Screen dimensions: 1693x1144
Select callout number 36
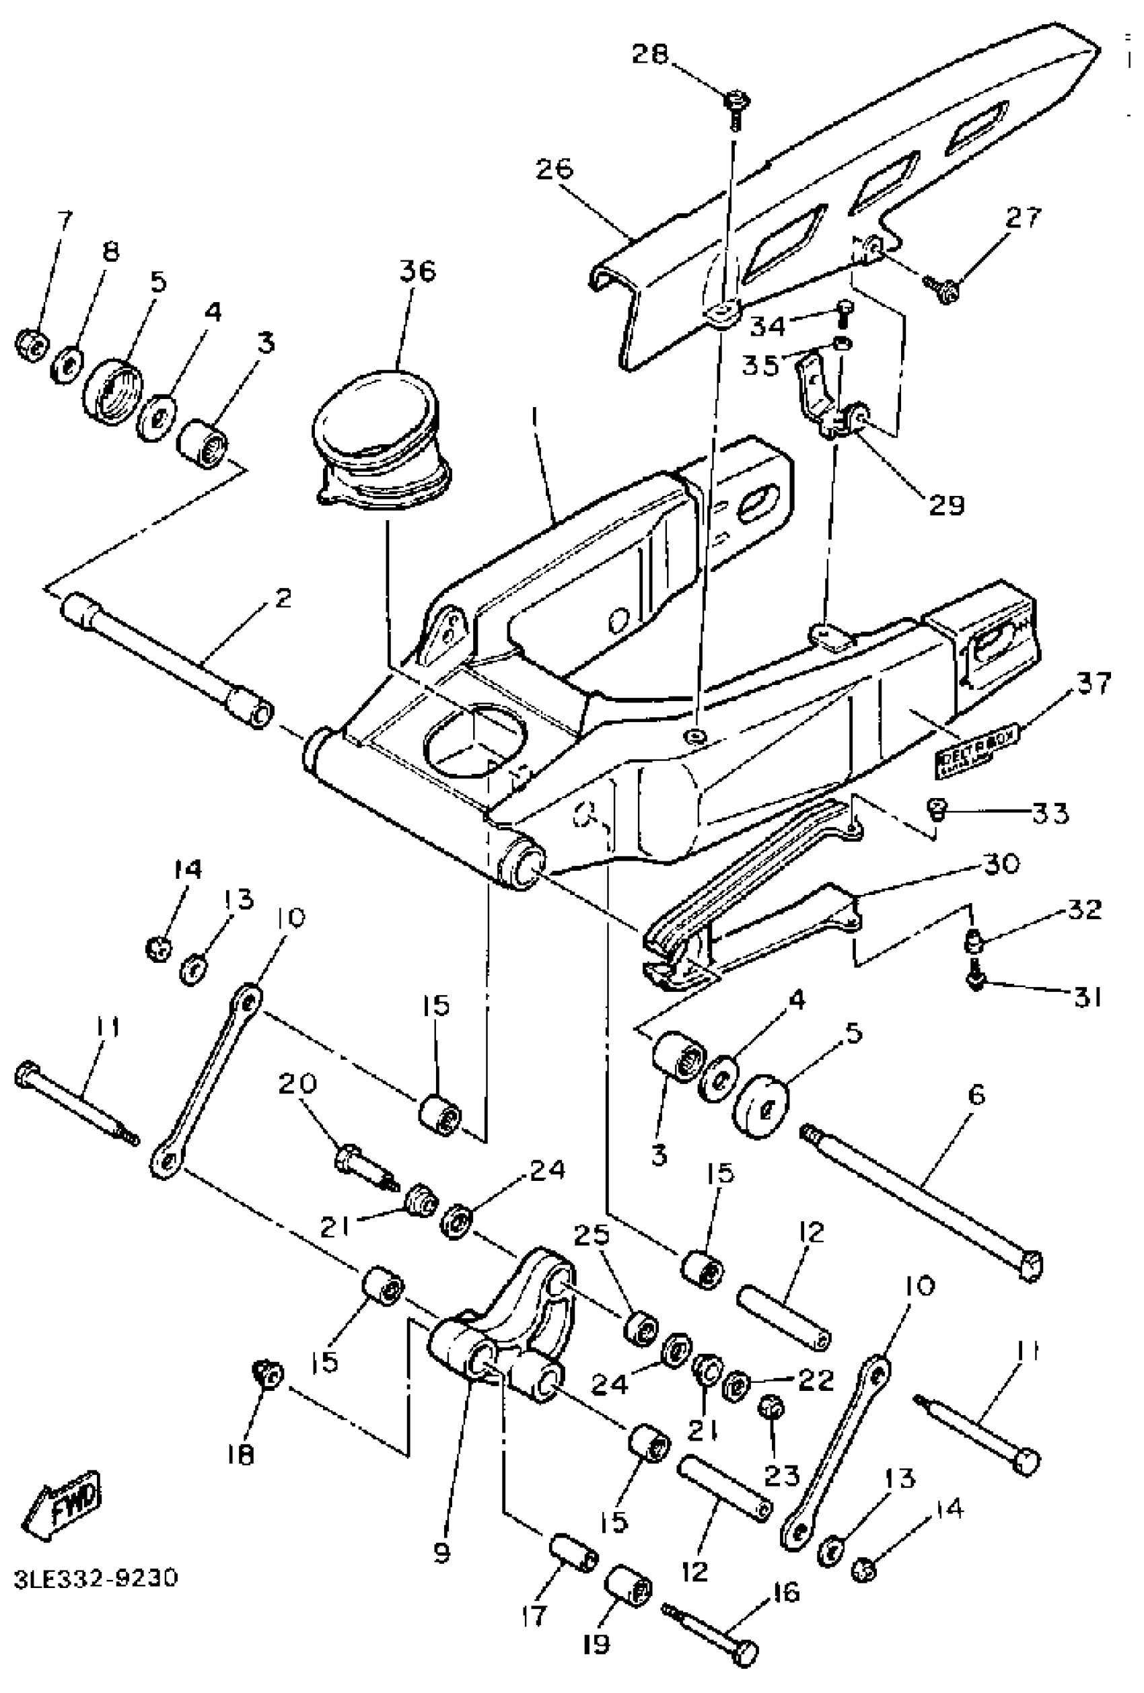tap(417, 271)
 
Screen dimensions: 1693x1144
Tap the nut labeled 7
tap(32, 342)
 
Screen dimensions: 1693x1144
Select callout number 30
tap(1001, 865)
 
